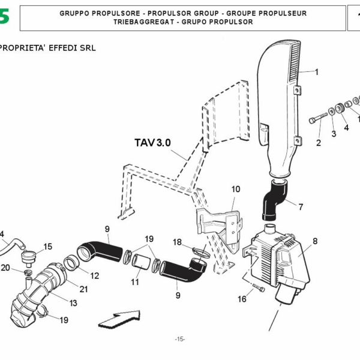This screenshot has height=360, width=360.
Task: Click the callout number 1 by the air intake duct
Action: [x=316, y=72]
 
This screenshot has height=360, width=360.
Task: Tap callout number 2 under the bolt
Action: [x=319, y=143]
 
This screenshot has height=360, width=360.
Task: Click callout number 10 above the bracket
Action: [x=236, y=189]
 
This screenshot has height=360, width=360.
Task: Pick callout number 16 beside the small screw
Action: [x=242, y=299]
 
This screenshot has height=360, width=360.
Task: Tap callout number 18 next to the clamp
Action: [x=177, y=242]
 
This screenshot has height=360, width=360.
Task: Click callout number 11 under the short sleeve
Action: [x=135, y=281]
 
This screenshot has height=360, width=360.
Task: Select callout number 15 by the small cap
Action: [x=48, y=246]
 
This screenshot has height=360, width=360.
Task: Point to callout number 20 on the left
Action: [x=5, y=268]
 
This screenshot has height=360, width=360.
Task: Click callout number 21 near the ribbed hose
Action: [x=83, y=290]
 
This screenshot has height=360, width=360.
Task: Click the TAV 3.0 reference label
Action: [x=152, y=143]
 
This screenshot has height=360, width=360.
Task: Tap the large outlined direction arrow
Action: [x=119, y=317]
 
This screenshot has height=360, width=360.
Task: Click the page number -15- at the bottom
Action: [x=180, y=340]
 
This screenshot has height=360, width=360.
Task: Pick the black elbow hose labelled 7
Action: [x=274, y=202]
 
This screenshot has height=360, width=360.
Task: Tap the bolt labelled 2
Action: [x=317, y=120]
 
